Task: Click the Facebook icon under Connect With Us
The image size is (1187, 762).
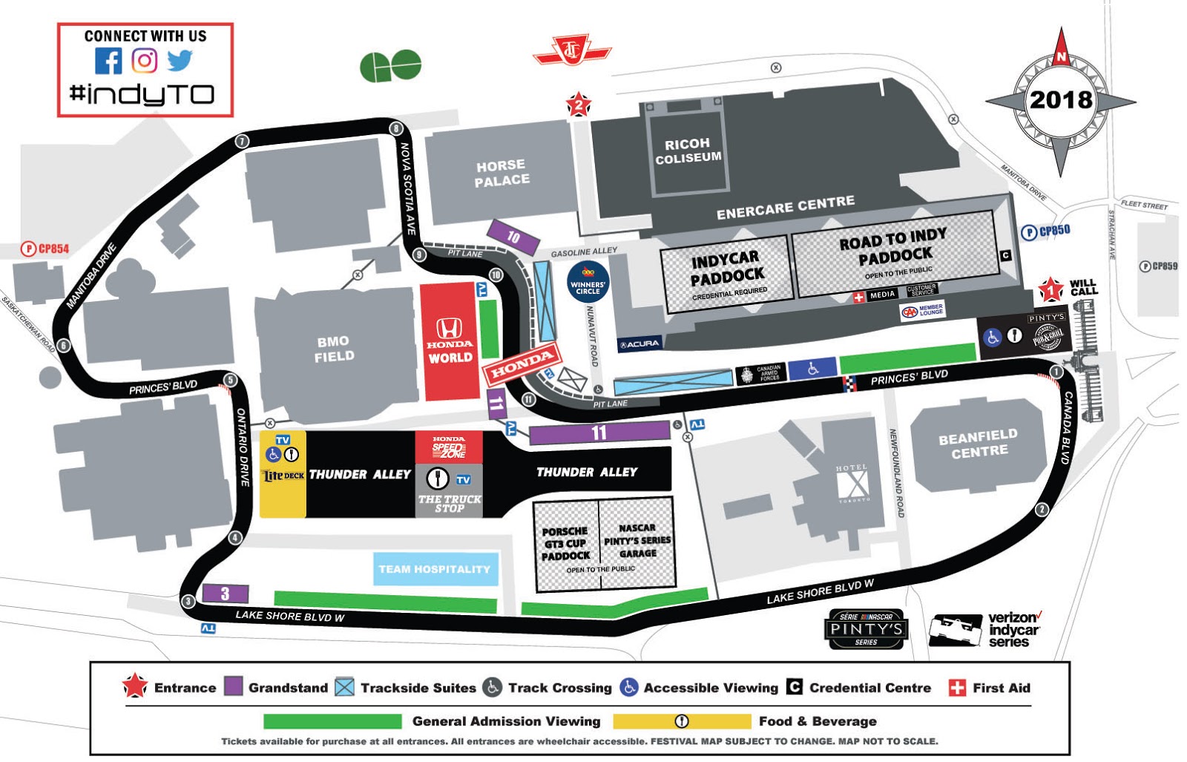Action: coord(108,61)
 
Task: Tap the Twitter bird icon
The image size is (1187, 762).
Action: coord(180,60)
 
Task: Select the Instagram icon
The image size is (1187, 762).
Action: coord(145,61)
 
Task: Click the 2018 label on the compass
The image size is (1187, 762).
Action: coord(1061,99)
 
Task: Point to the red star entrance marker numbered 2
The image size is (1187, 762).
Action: coord(579,105)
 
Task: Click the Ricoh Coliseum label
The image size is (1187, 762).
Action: coord(688,151)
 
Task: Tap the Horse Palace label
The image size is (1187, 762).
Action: coord(502,173)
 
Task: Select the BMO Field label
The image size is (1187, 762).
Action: coord(334,349)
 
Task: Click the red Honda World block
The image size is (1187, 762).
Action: coord(450,341)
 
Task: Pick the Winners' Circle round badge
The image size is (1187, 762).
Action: coord(588,282)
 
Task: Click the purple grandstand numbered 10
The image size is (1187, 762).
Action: coord(513,237)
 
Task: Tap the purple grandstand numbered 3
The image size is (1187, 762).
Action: coord(225,594)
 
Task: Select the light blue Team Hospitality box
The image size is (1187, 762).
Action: coord(435,569)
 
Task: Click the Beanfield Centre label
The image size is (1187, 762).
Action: coord(979,444)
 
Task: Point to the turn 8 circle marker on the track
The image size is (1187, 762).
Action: coord(397,129)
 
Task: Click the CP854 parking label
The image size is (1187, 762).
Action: coord(46,249)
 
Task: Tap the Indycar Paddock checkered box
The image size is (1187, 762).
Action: coord(726,273)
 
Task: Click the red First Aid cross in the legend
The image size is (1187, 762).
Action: coord(957,688)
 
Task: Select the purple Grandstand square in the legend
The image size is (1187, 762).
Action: coord(234,687)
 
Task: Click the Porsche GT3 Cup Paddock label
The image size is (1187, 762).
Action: coord(565,543)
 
